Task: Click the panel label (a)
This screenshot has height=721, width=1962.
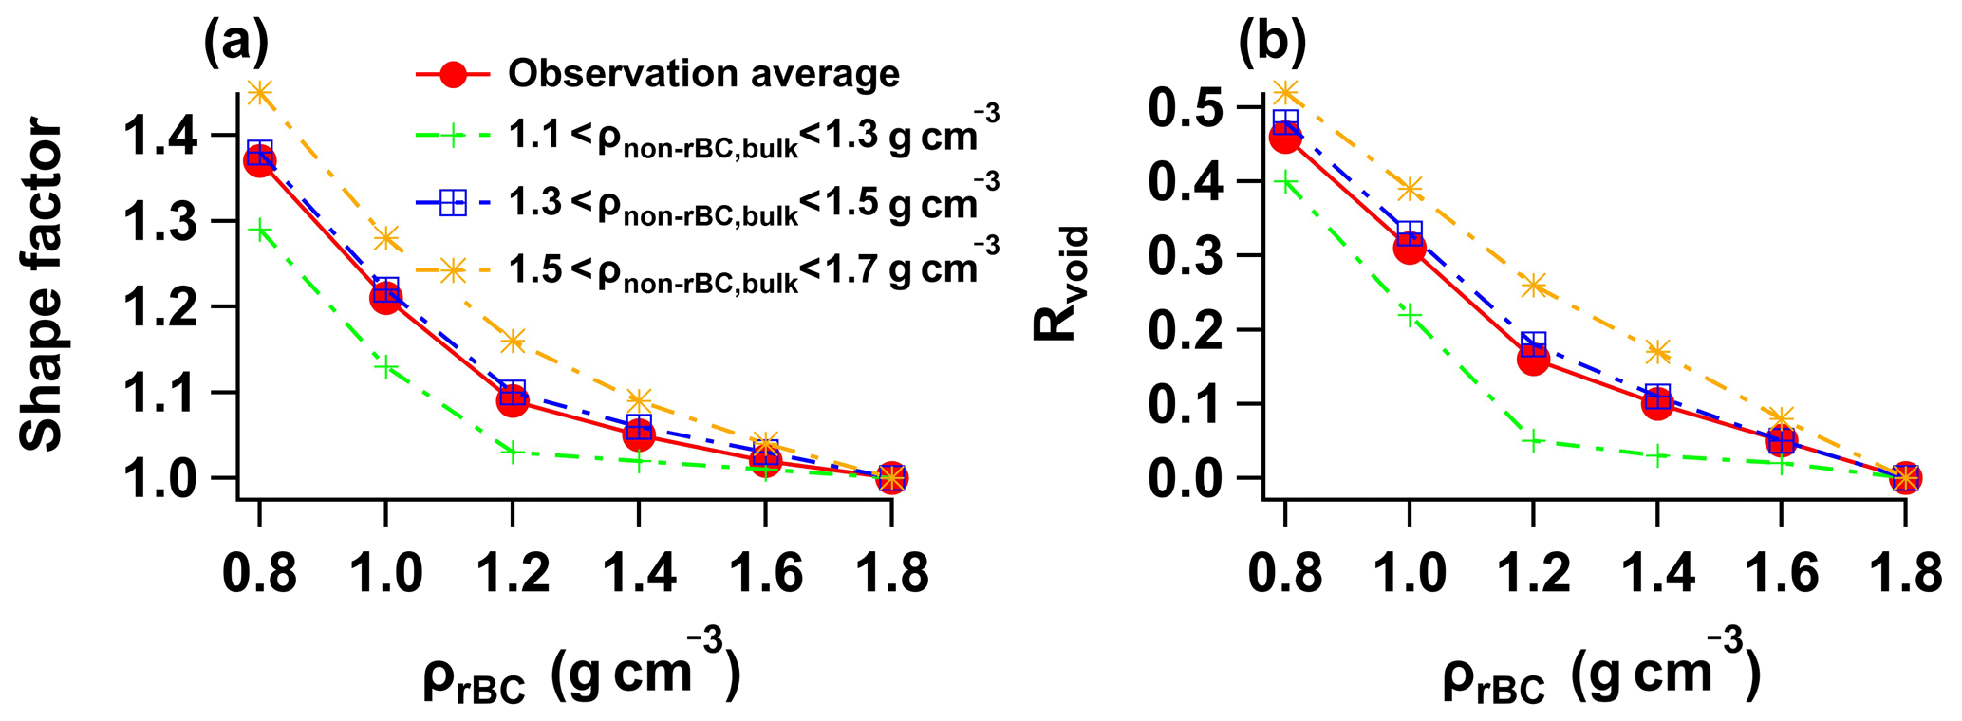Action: [x=236, y=44]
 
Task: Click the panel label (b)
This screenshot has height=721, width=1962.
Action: [x=1273, y=44]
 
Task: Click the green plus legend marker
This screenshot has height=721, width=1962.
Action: [x=454, y=137]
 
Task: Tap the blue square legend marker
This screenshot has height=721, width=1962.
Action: [x=454, y=202]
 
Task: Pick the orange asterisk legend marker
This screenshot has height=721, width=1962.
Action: [x=454, y=269]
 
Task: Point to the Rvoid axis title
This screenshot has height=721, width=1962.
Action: [x=1060, y=285]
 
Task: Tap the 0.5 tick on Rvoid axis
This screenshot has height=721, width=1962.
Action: [x=1192, y=107]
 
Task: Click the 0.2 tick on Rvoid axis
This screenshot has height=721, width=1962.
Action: [x=1192, y=329]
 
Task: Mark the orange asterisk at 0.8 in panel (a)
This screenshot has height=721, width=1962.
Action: [x=259, y=92]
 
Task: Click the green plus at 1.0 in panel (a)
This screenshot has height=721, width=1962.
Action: [x=385, y=367]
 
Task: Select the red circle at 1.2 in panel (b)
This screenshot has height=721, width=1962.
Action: [x=1533, y=359]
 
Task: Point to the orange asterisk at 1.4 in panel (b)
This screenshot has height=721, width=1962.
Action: [x=1657, y=352]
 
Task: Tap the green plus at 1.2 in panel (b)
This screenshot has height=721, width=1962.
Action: [x=1533, y=440]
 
